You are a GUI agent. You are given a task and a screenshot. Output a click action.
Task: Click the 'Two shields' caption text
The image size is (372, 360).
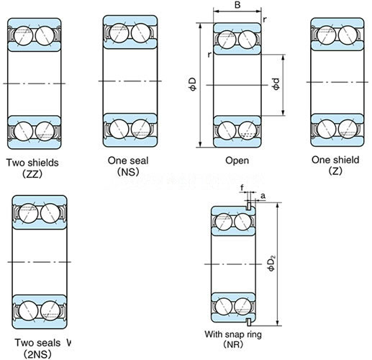[x=32, y=163]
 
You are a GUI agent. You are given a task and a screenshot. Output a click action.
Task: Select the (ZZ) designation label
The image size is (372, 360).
[x=32, y=174]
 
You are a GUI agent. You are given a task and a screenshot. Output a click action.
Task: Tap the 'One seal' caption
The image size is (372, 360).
[x=128, y=161]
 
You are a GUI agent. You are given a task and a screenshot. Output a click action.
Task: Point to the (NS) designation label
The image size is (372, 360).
[x=128, y=171]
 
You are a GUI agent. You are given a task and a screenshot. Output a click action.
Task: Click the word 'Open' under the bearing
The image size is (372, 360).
[x=237, y=161]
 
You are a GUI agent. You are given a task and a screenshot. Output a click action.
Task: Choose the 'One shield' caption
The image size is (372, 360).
[x=335, y=160]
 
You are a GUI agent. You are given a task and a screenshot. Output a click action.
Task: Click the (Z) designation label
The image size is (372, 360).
[x=335, y=171]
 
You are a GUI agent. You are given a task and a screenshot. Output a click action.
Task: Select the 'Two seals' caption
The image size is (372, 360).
[x=37, y=343]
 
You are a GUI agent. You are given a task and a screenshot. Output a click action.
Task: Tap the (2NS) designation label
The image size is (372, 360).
[x=37, y=354]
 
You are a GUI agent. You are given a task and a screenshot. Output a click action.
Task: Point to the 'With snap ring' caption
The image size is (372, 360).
[x=233, y=334]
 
